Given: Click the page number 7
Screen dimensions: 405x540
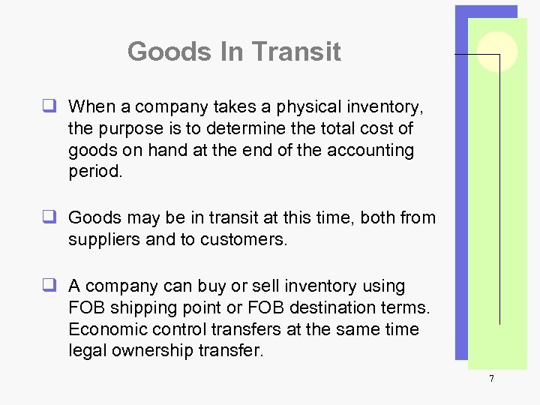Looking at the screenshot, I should click(491, 379).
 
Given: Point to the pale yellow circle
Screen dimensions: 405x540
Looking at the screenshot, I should click(497, 52).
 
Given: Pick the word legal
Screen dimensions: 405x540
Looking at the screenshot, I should click(87, 351).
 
